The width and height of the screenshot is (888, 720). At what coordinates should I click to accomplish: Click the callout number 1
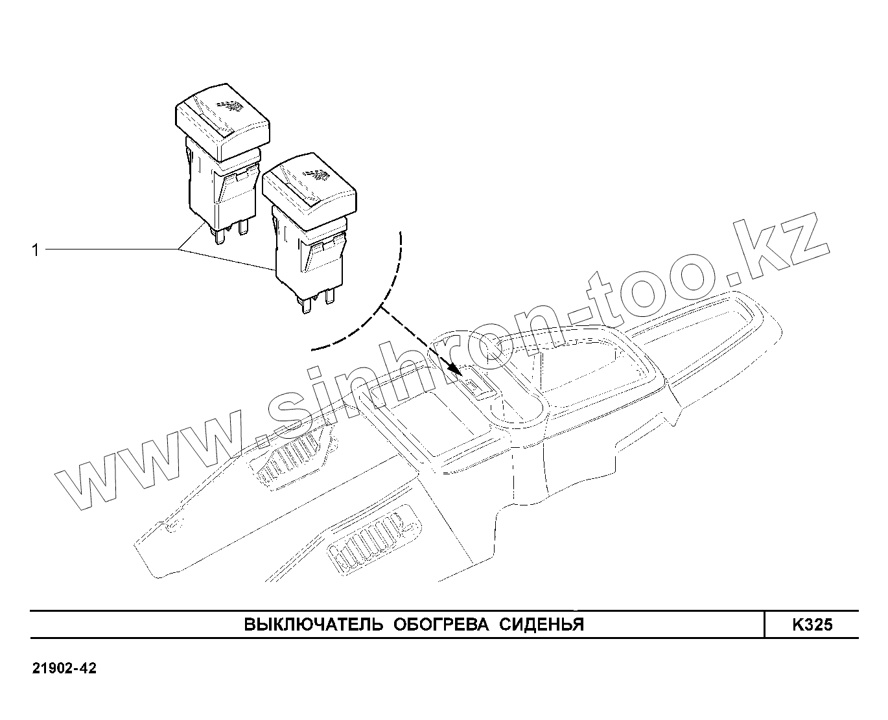pyautogui.click(x=36, y=250)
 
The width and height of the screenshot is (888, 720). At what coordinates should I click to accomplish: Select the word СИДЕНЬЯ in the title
pyautogui.click(x=542, y=625)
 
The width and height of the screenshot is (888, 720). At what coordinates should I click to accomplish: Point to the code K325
pyautogui.click(x=812, y=625)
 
